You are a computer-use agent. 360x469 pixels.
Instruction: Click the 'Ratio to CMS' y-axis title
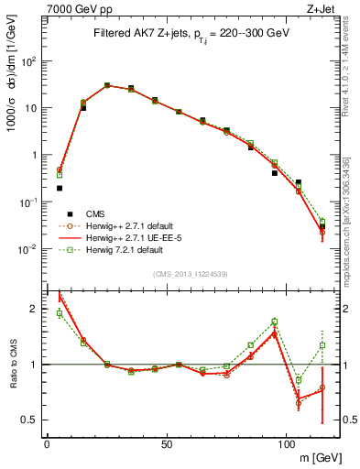(12, 365)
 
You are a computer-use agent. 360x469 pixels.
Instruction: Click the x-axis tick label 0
(48, 442)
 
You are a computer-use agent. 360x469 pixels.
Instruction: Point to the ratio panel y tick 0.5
(30, 420)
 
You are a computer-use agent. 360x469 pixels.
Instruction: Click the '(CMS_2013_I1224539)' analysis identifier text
(191, 272)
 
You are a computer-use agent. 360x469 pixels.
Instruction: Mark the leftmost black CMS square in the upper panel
(60, 188)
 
